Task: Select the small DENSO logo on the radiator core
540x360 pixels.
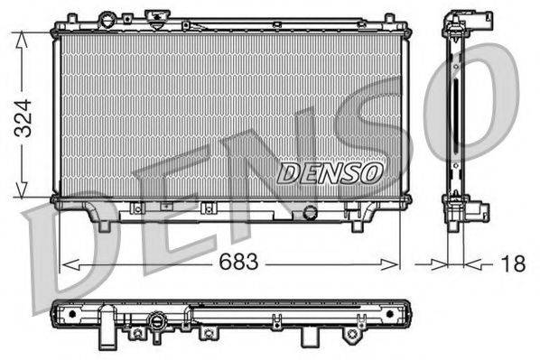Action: point(330,172)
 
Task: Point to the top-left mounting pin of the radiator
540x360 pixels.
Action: point(65,18)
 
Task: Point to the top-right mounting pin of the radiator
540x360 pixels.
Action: point(388,18)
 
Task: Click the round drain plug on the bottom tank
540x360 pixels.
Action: point(311,213)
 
